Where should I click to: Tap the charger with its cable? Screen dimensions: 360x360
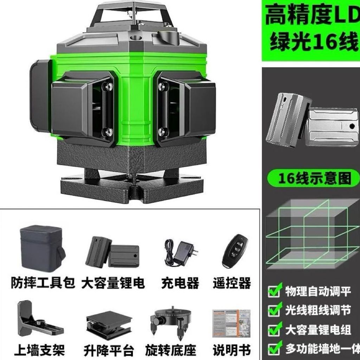[181, 252]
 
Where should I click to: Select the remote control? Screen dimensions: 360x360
[235, 251]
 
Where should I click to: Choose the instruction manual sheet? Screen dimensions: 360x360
[231, 323]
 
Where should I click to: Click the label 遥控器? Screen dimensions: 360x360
[232, 283]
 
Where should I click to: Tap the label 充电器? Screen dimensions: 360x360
[180, 283]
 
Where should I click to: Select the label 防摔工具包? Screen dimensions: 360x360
[43, 283]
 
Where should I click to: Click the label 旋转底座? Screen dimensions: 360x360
[171, 351]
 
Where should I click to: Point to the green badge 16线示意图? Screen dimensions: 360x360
[313, 178]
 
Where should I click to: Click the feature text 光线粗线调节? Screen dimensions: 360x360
[318, 310]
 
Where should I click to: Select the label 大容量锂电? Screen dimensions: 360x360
[113, 283]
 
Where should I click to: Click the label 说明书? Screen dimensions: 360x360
[231, 351]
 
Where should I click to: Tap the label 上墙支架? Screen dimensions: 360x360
[39, 351]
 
